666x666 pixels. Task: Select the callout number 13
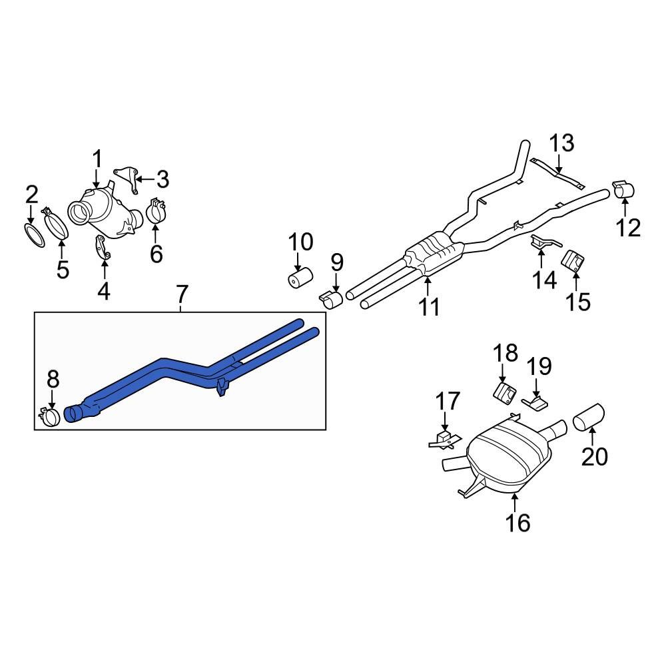click(561, 143)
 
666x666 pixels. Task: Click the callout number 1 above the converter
click(97, 160)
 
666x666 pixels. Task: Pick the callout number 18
click(504, 352)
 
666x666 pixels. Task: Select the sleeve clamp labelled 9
click(330, 299)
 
